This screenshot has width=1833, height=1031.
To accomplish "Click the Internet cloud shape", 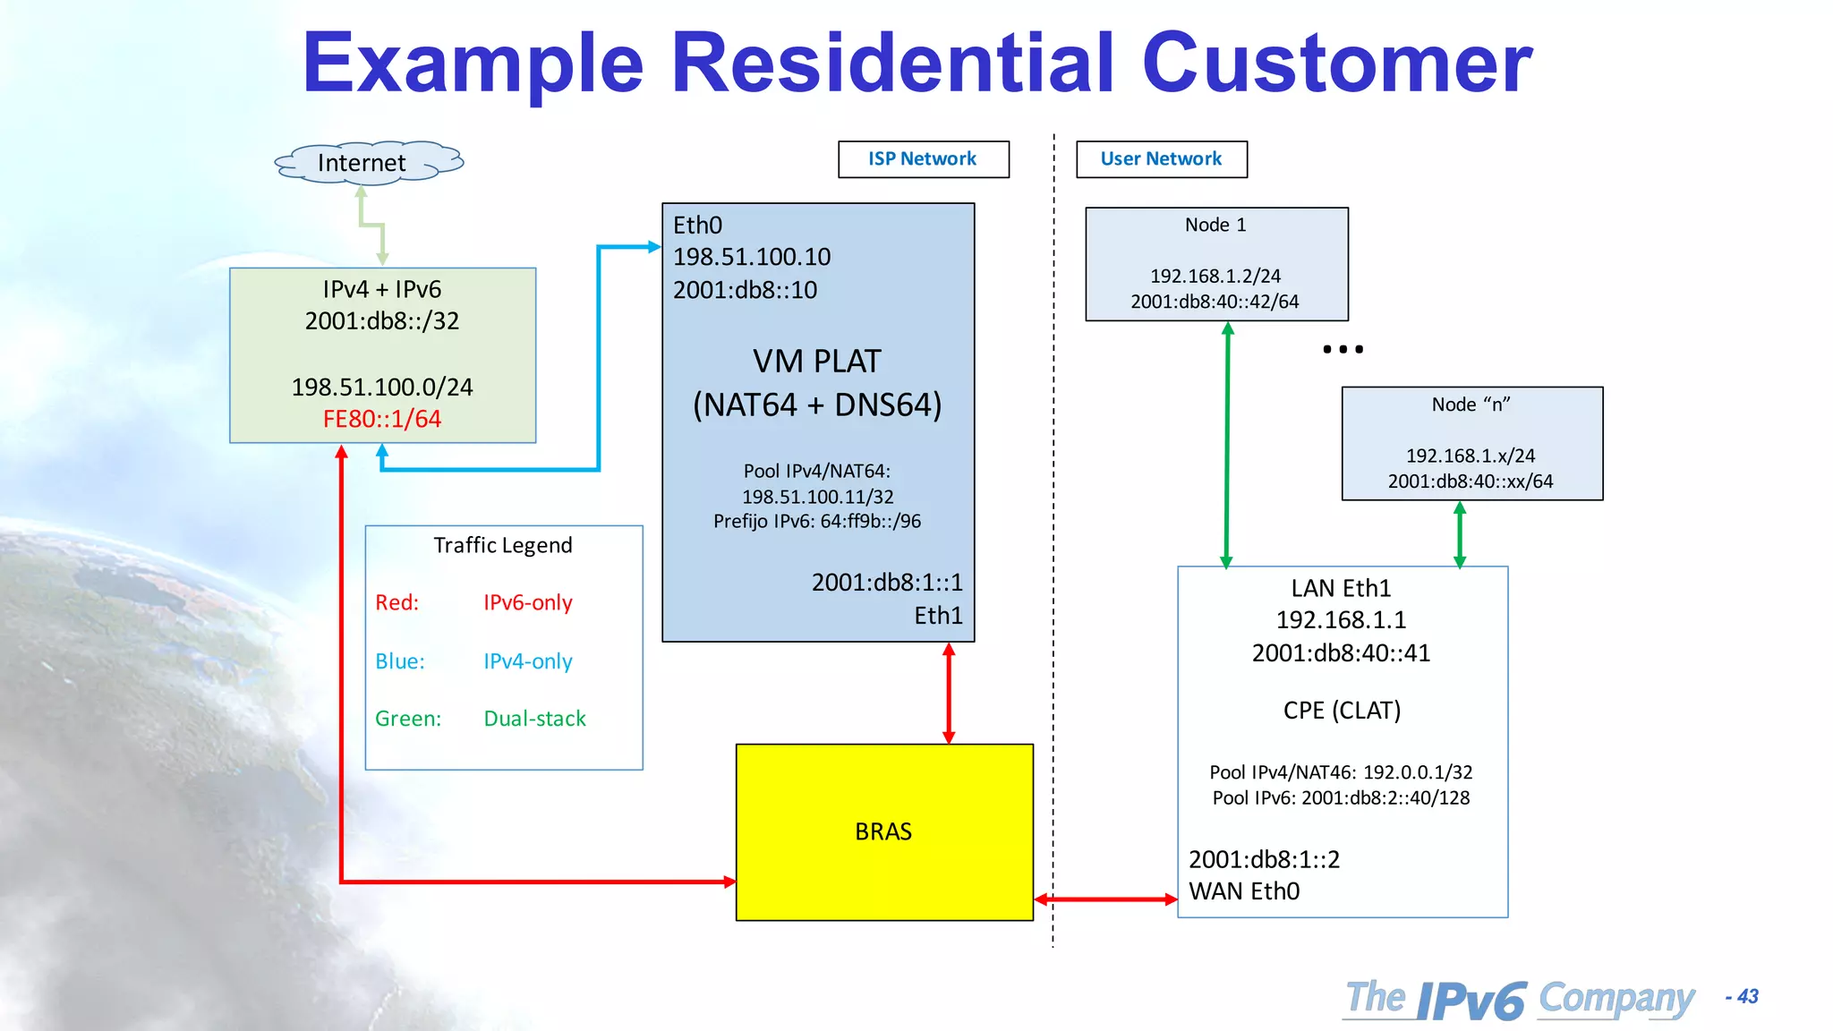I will point(367,163).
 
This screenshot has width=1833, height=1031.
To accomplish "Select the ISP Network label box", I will point(923,159).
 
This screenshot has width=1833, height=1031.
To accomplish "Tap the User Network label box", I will point(1161,159).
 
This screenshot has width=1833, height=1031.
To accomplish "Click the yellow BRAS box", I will point(883,831).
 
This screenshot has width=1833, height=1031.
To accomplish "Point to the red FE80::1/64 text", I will point(382,419).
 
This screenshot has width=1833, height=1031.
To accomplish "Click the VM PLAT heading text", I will point(816,362).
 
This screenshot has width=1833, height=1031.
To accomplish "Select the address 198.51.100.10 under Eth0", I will point(752,257).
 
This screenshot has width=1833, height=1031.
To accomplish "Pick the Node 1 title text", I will point(1215,226).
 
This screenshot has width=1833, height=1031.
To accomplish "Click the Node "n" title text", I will point(1471,405).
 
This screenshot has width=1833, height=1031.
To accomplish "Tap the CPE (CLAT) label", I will point(1342,711).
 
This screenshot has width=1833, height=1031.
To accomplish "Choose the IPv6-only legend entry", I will point(527,602).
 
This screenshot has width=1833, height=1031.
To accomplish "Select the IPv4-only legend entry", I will point(527,661).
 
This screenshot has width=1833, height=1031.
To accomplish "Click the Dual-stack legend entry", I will point(534,719).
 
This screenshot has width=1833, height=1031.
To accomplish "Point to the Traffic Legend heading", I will point(503,545).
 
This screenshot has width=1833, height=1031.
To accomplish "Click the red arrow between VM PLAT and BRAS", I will point(949,693).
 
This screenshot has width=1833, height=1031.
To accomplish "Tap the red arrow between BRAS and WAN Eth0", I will point(1105,899).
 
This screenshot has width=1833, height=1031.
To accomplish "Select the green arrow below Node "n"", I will point(1460,534).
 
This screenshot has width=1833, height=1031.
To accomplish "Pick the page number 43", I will point(1747,996).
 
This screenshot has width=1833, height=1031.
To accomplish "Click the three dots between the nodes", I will point(1343,349).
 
